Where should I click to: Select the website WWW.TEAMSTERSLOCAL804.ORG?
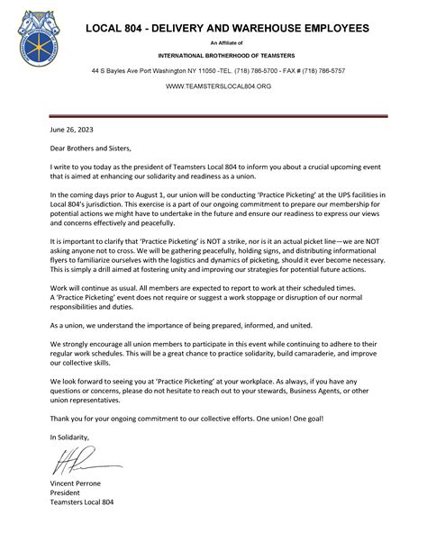click(x=219, y=87)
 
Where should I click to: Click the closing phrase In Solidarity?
click(x=70, y=436)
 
